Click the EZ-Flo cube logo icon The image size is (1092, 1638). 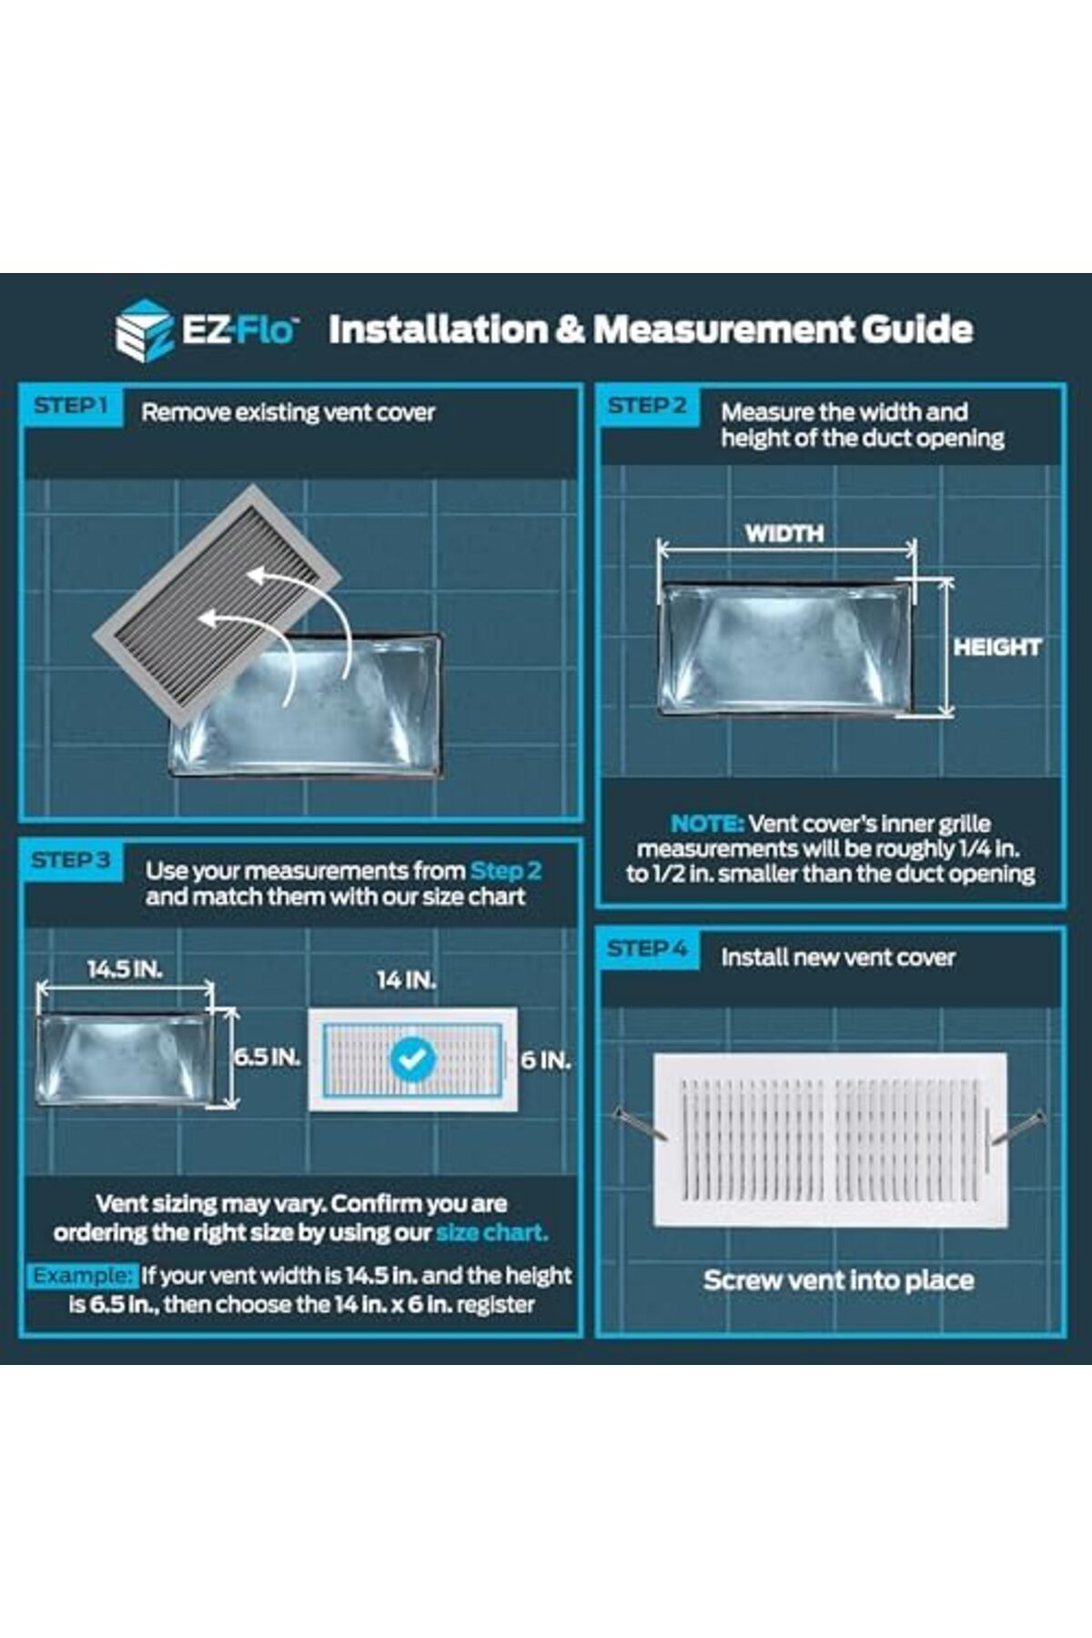[x=144, y=329]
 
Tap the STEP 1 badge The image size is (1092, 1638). [x=71, y=406]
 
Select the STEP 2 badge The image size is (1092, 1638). [x=647, y=406]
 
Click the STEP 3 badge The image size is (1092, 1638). [x=71, y=860]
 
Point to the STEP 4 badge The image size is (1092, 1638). [x=647, y=948]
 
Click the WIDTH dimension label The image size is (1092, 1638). [x=784, y=533]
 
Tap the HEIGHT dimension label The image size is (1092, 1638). [x=997, y=647]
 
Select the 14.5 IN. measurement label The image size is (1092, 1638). [x=125, y=969]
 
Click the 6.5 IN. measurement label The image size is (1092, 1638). [x=267, y=1057]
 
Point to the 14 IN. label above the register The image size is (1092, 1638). [x=407, y=980]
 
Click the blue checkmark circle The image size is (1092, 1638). [x=412, y=1058]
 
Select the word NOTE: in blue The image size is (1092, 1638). [x=707, y=824]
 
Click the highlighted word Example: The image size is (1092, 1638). [x=83, y=1276]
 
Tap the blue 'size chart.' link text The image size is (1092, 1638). [x=491, y=1233]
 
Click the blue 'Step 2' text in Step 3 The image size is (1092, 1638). [x=506, y=871]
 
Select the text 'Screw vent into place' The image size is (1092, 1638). [x=838, y=1280]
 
